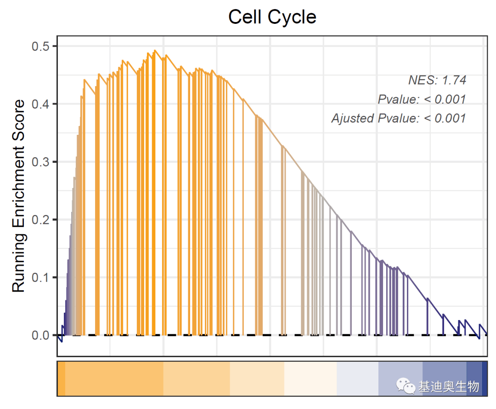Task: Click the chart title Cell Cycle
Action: [272, 17]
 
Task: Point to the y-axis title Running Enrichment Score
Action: [18, 196]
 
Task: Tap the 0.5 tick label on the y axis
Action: [41, 46]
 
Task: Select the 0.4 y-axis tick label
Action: [41, 104]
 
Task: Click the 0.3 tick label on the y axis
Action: [41, 162]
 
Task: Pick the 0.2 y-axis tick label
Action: [41, 220]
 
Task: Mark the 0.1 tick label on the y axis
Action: [41, 277]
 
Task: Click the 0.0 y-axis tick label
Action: [41, 335]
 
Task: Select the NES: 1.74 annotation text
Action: [437, 80]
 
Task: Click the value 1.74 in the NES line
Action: [454, 80]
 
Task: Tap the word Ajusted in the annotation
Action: [352, 118]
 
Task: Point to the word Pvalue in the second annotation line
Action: [398, 99]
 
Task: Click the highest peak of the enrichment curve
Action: [155, 50]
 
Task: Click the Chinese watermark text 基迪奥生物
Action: [448, 387]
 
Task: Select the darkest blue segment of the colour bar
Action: [485, 378]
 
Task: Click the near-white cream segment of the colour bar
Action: [310, 378]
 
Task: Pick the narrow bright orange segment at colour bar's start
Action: [61, 378]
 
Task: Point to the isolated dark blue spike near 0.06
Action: [428, 299]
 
